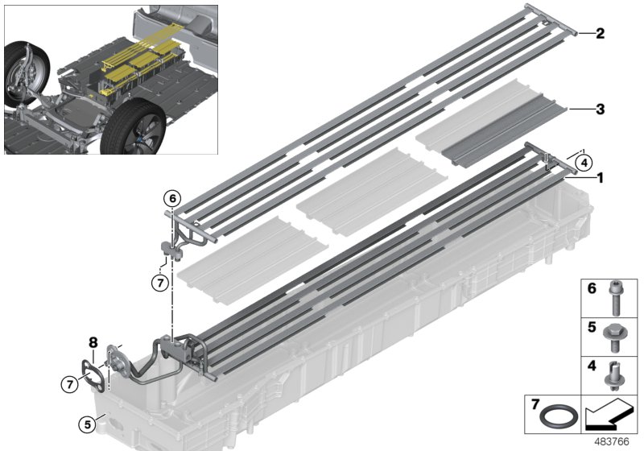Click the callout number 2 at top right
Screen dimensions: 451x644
(600, 34)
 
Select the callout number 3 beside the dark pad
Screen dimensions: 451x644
(600, 108)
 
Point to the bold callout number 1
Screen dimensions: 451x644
(600, 175)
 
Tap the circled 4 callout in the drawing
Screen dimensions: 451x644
(583, 160)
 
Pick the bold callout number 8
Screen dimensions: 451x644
(93, 342)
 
